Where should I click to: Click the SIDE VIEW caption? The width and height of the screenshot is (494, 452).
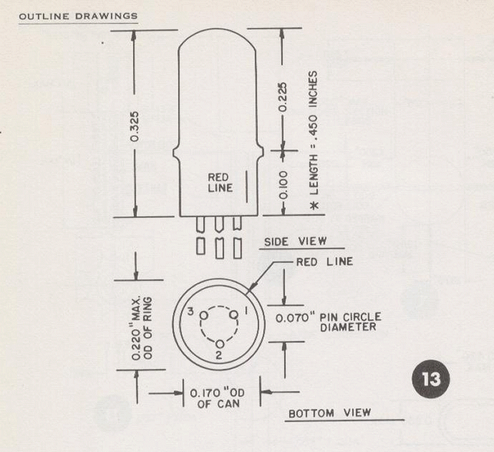287,241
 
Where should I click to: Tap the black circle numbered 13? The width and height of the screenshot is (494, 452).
430,378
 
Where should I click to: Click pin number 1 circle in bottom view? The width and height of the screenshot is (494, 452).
234,314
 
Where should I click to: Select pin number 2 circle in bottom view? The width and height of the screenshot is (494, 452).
219,343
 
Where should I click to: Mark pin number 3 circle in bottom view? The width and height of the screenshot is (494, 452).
202,314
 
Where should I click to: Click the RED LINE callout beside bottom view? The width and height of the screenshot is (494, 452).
325,262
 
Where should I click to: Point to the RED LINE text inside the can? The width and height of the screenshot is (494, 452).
219,183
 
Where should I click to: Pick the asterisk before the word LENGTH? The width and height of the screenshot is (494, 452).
314,205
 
